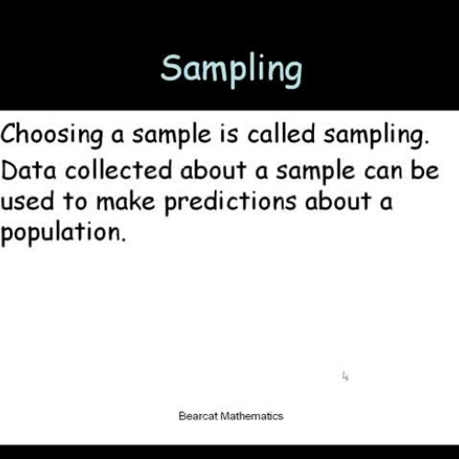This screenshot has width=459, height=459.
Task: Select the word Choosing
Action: [x=50, y=136]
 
